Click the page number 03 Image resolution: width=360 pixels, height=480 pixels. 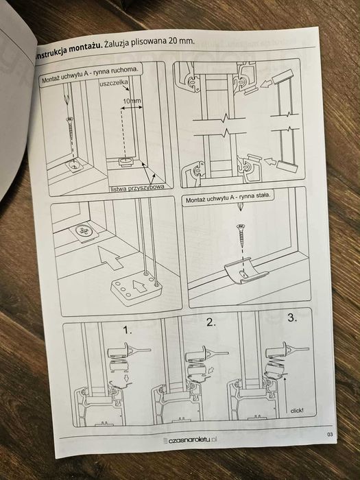click(330, 434)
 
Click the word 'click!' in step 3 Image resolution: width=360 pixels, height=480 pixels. click(297, 411)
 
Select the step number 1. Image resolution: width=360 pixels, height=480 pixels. click(128, 330)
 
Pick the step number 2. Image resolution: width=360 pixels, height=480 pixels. click(211, 322)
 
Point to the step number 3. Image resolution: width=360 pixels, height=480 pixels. click(292, 318)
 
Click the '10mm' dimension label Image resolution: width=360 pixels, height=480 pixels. click(132, 101)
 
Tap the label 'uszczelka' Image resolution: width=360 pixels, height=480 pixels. click(114, 83)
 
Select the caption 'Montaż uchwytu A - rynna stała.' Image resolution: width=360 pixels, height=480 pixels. click(228, 198)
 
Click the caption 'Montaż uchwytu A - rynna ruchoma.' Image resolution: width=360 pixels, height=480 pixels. click(90, 74)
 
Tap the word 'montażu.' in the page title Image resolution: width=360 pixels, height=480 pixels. click(85, 49)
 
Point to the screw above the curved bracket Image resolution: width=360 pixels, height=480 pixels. click(241, 235)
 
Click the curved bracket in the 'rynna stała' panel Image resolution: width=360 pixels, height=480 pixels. click(244, 271)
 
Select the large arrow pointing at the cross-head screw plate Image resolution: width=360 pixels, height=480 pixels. click(110, 257)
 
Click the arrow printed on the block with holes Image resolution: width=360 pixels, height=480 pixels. click(139, 286)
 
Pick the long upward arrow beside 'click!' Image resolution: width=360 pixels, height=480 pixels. click(285, 395)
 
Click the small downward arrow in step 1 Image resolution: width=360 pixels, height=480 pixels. click(125, 378)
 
